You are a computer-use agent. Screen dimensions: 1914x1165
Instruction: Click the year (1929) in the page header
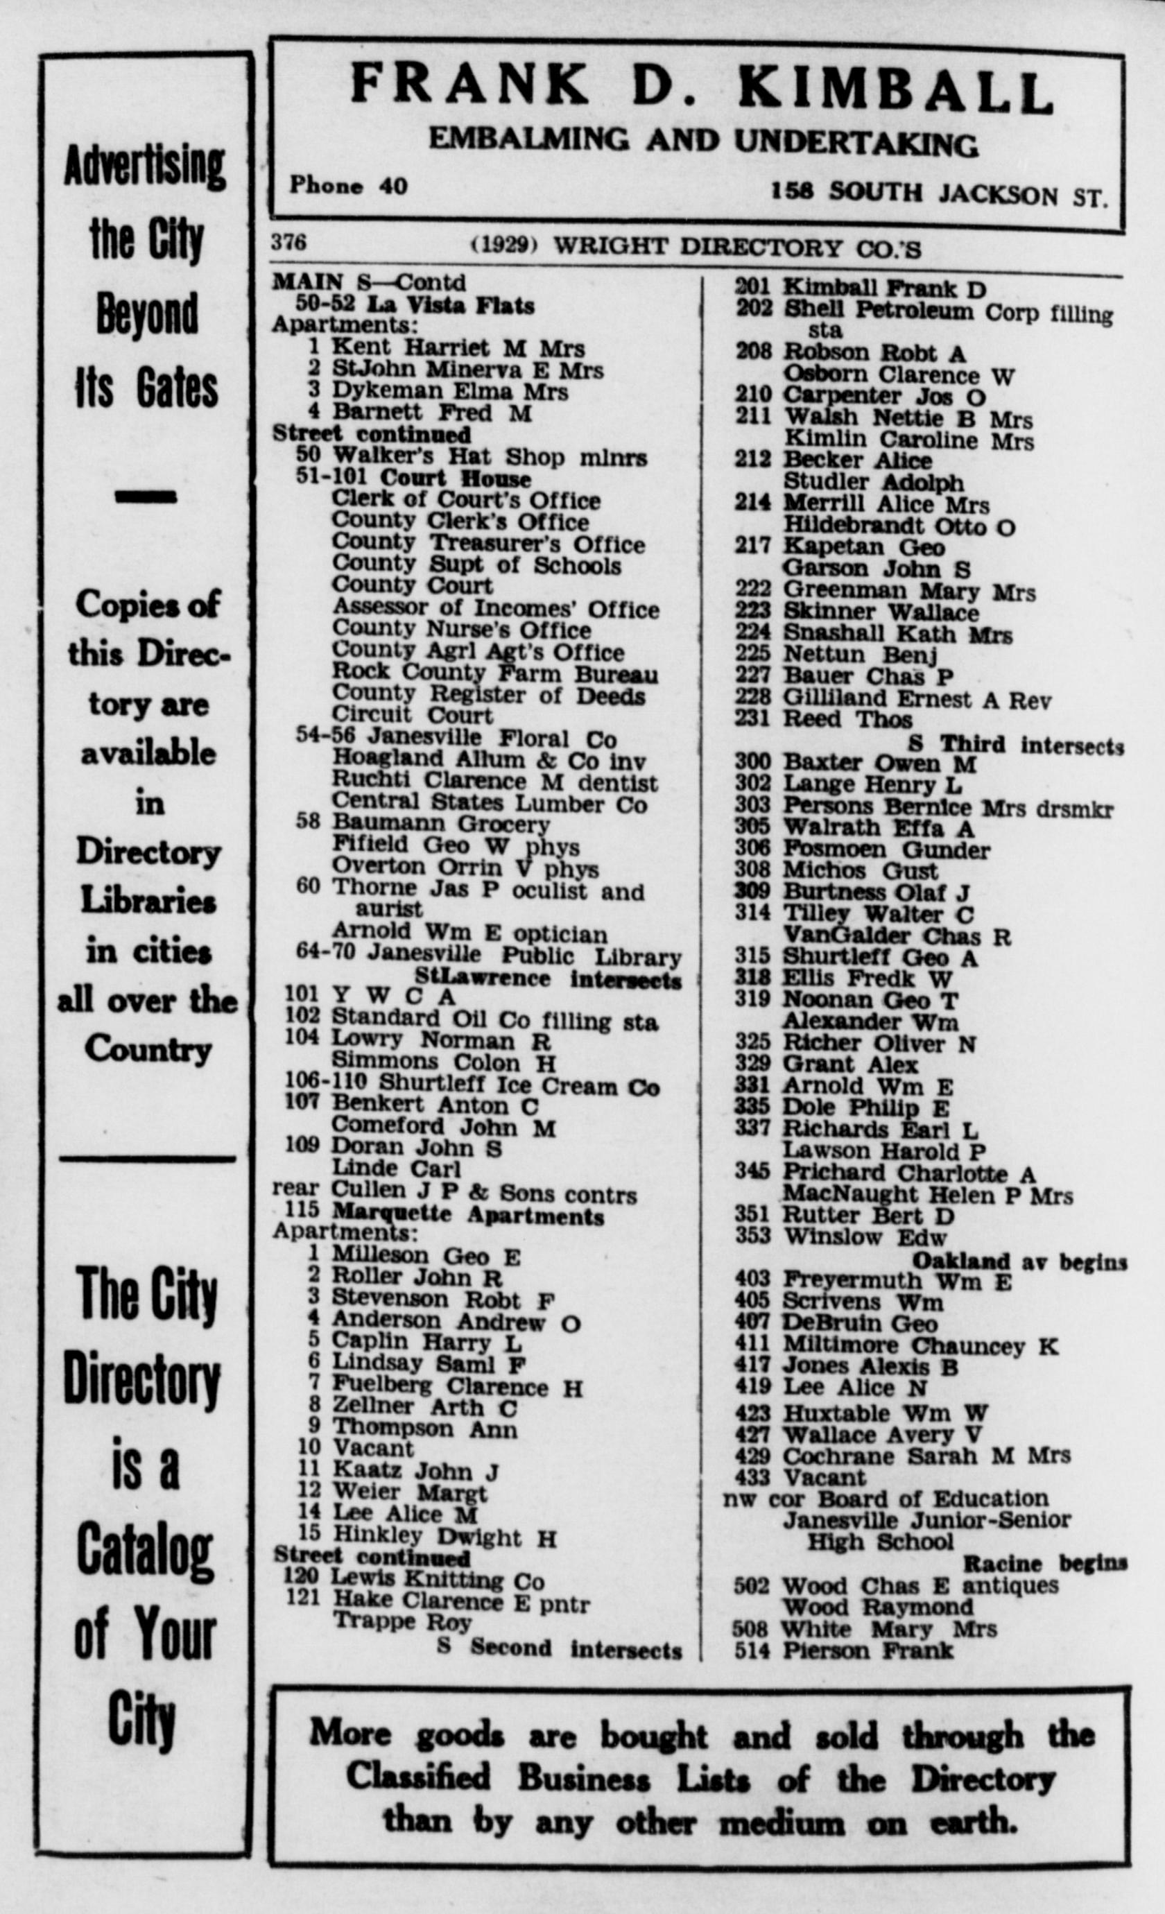[505, 245]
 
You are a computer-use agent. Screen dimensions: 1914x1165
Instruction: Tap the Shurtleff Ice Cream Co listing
[519, 1085]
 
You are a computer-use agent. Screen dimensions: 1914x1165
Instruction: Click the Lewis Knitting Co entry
[438, 1579]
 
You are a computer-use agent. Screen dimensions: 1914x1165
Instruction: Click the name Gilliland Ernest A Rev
[917, 699]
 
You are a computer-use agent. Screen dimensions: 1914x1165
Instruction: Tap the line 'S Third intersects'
[1015, 745]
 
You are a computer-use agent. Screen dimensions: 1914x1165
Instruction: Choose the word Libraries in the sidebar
[148, 901]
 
